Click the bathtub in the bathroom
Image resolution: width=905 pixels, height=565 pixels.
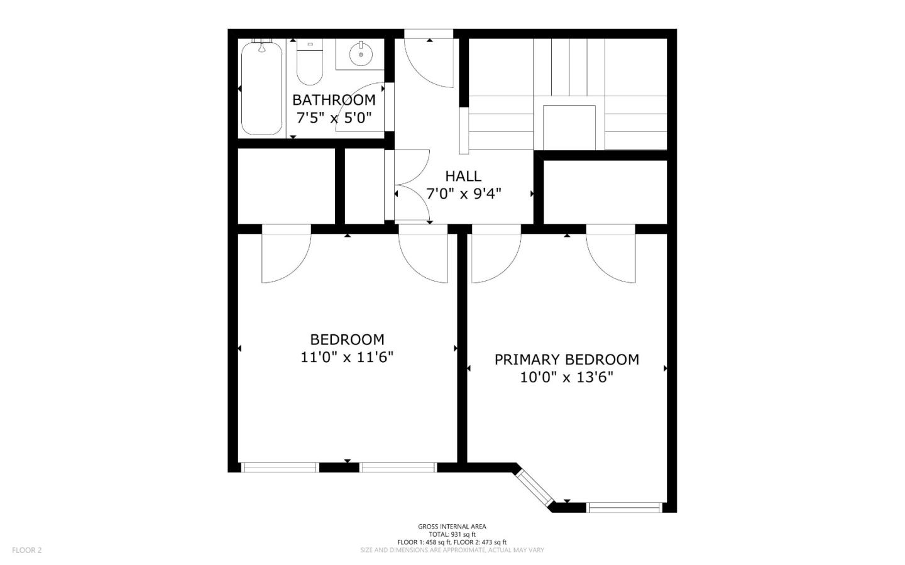click(262, 87)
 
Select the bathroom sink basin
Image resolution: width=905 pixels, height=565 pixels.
click(361, 54)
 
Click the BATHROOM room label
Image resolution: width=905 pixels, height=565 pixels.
click(334, 100)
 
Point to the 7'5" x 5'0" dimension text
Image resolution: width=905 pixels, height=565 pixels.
click(334, 118)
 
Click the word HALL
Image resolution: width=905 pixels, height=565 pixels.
click(463, 176)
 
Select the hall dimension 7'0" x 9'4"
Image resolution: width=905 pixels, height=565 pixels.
click(463, 194)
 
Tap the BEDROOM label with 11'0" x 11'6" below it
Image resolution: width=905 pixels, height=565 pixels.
click(347, 340)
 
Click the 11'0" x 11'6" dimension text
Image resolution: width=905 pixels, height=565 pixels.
click(347, 358)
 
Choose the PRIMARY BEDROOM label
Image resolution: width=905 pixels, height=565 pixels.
click(566, 359)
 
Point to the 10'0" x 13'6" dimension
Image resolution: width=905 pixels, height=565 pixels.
click(566, 378)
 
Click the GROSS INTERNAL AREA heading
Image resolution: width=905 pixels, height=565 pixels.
click(452, 527)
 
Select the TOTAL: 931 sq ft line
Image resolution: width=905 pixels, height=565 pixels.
click(452, 534)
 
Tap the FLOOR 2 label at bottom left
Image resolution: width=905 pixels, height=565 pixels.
click(27, 550)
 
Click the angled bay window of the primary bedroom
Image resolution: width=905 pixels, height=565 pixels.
click(534, 487)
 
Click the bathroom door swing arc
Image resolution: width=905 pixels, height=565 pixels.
click(360, 107)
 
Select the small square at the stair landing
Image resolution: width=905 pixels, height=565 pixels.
click(569, 128)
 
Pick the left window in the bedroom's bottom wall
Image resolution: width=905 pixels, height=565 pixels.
click(280, 467)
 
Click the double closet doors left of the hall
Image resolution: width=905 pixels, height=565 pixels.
click(409, 186)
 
